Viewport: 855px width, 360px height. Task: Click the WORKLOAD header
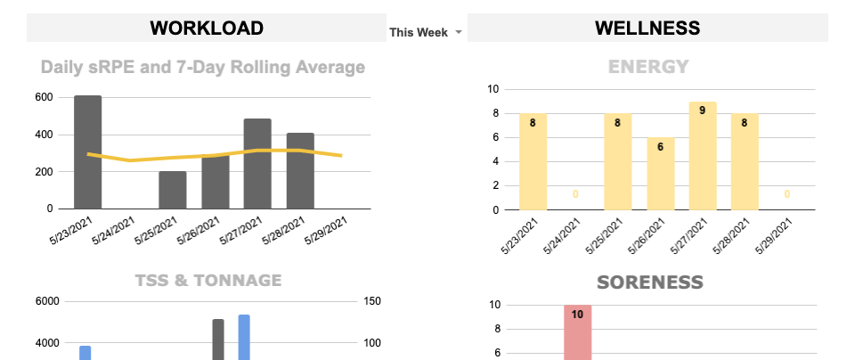206,28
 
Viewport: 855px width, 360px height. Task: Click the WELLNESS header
647,28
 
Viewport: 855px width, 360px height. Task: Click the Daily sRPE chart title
203,67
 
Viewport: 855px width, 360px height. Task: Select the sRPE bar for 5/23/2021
87,151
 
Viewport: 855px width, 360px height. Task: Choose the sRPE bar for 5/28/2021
300,170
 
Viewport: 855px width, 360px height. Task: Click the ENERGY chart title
647,67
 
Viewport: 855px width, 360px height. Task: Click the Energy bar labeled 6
660,174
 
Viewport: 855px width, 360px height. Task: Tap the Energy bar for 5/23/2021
533,161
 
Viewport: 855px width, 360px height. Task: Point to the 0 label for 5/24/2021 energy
575,194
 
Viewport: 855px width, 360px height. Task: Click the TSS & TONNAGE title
208,281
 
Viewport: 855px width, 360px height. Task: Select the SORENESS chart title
650,282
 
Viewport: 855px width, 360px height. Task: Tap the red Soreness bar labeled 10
577,331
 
